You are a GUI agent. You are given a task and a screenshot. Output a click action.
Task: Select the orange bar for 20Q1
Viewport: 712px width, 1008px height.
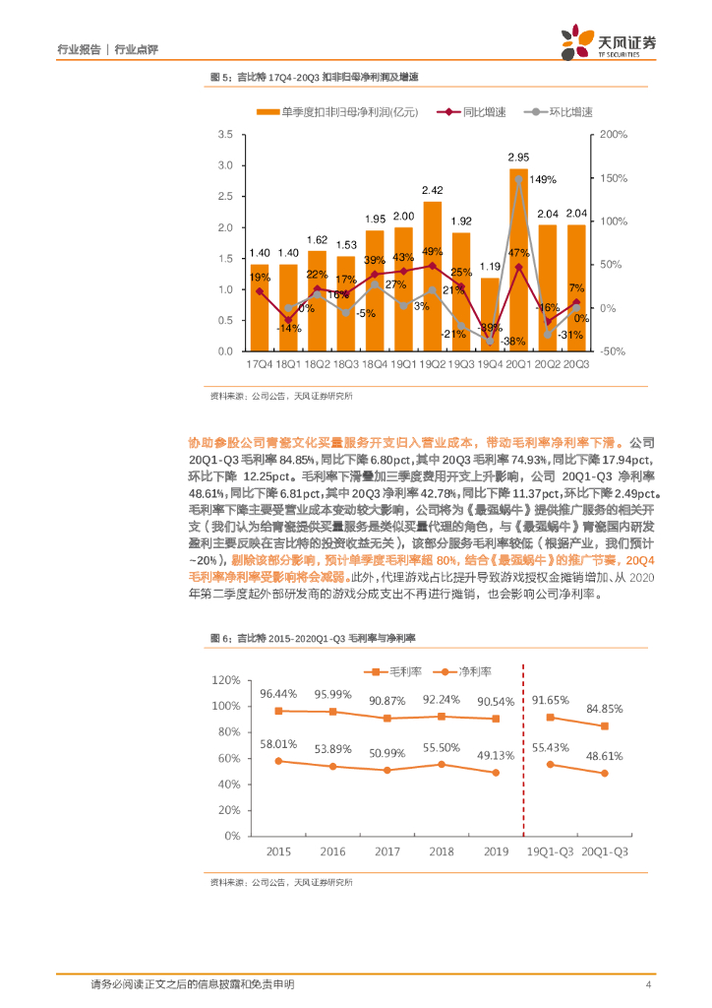coord(518,260)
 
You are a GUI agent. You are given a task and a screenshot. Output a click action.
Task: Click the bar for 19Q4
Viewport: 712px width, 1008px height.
coord(489,314)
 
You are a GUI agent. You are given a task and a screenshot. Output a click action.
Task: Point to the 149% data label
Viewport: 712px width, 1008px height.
coord(543,179)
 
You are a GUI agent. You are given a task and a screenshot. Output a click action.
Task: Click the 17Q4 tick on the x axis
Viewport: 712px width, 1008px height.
coord(259,364)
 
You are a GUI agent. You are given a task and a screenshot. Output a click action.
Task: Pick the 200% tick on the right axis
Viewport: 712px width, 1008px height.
coord(614,134)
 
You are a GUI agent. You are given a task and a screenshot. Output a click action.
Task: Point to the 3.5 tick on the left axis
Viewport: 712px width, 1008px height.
coord(224,134)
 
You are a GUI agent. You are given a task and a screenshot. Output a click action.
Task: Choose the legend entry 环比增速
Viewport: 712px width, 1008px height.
coord(557,113)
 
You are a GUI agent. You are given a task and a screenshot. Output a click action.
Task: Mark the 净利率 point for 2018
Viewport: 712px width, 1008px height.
coord(442,764)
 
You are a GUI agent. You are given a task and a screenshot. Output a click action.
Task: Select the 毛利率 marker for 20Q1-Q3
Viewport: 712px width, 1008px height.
coord(604,725)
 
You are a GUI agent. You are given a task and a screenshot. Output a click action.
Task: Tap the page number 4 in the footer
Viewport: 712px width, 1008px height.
coord(647,984)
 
